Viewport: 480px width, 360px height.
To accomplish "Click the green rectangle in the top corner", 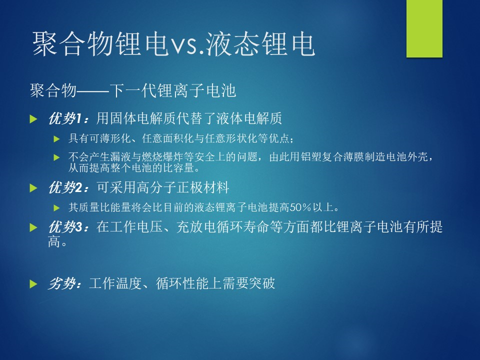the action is click(424, 28).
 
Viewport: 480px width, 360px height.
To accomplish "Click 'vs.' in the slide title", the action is click(187, 46).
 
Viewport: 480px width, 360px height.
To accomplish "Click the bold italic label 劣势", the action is click(61, 283).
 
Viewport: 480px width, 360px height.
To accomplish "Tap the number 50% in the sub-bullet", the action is click(300, 207).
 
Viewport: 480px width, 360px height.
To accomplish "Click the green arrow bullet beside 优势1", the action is click(33, 119).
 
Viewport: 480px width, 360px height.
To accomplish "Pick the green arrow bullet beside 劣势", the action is click(33, 284).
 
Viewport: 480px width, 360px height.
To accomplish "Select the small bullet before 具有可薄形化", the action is click(56, 139).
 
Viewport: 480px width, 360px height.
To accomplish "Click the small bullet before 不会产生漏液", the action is click(56, 157).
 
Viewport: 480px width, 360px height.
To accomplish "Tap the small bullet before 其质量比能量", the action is click(56, 208).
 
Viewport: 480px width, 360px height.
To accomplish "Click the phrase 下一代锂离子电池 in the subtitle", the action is click(173, 90).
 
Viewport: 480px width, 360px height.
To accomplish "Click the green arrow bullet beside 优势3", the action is click(33, 227).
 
